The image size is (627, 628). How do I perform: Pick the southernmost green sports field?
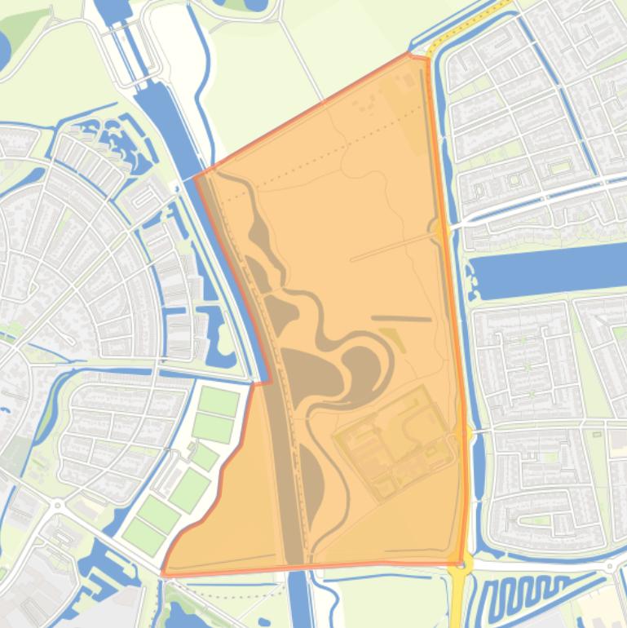[x=143, y=535]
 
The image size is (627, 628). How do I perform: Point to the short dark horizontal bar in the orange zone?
[x=401, y=319]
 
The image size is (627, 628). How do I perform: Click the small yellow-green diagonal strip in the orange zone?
[x=392, y=340]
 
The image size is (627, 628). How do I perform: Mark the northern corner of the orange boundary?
[x=410, y=55]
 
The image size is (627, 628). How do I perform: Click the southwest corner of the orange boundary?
[x=164, y=573]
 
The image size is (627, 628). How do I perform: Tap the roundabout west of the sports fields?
[x=58, y=506]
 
